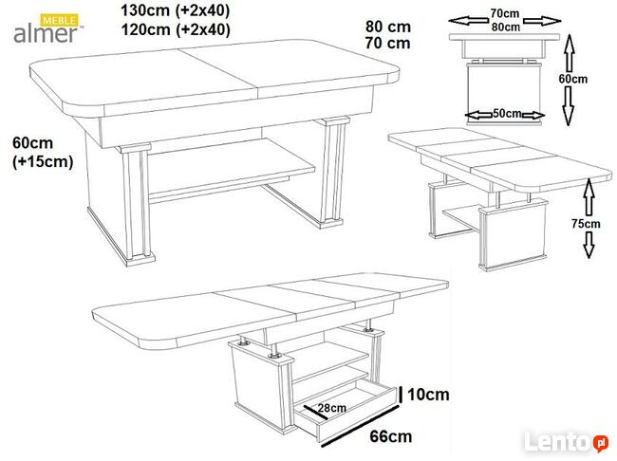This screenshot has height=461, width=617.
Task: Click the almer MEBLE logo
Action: [48, 28]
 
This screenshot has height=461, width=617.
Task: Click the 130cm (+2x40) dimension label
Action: [175, 10]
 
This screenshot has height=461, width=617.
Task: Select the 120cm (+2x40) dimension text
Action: [176, 29]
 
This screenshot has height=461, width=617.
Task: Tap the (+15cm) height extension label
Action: [43, 161]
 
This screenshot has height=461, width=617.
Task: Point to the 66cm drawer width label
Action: [391, 436]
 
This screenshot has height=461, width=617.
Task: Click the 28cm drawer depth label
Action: [332, 408]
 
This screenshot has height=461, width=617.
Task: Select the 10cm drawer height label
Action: [428, 395]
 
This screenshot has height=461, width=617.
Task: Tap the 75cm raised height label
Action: [586, 224]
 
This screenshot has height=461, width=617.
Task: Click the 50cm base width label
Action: [507, 113]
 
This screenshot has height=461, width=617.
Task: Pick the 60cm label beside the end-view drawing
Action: [573, 79]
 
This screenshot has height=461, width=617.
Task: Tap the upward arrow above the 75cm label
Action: [589, 196]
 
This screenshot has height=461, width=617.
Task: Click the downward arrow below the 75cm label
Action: [589, 245]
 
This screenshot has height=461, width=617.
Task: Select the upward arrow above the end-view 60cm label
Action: [570, 53]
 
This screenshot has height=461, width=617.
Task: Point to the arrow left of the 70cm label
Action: [468, 21]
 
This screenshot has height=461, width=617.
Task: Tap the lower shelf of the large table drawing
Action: [233, 168]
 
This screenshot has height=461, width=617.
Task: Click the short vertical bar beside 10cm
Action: [401, 395]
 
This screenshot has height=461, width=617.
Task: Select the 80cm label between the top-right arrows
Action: [505, 27]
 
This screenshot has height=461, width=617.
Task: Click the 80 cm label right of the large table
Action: [388, 27]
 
